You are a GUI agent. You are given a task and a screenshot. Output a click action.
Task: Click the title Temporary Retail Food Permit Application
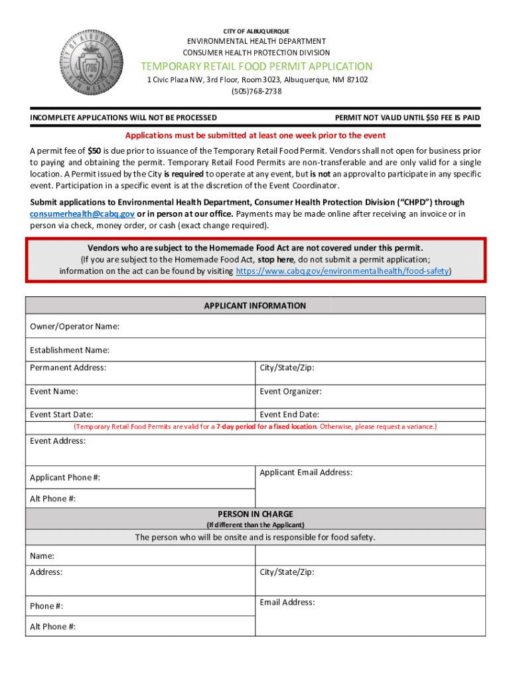(x=256, y=66)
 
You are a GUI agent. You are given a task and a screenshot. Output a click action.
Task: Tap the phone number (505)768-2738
(x=256, y=92)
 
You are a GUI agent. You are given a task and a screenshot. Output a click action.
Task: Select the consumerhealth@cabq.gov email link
(x=82, y=214)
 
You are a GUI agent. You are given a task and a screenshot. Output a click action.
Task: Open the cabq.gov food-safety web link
(x=342, y=271)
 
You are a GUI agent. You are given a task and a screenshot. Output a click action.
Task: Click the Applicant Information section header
(x=255, y=306)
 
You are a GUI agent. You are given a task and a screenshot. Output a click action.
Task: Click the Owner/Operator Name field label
(x=74, y=326)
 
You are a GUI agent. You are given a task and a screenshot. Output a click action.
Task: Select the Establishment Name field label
(x=70, y=350)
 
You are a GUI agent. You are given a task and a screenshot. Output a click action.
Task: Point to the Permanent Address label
(x=68, y=367)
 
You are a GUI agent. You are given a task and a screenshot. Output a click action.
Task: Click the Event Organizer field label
(x=291, y=391)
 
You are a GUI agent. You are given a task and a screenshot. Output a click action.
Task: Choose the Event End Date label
(x=289, y=414)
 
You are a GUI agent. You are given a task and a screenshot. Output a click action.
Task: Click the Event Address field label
(x=58, y=441)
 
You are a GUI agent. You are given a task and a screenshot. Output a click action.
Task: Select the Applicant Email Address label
(x=306, y=472)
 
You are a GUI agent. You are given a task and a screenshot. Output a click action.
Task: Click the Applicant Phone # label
(x=65, y=477)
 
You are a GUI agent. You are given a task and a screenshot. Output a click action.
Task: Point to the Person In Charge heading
(x=255, y=514)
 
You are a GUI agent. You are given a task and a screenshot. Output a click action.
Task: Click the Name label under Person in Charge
(x=42, y=556)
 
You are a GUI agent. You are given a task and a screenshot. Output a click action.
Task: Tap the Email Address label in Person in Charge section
(x=287, y=602)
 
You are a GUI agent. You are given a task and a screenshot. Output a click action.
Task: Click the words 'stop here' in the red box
(x=276, y=259)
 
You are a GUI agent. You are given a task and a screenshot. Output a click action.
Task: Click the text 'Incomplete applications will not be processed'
(x=123, y=117)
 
